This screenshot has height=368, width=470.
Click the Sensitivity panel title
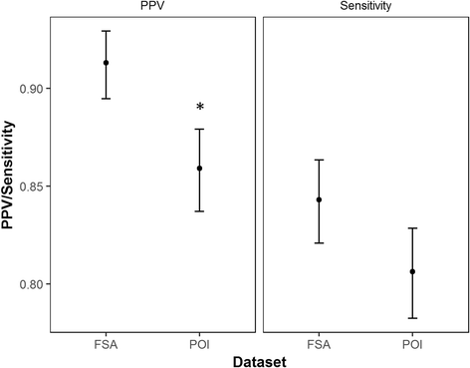(x=364, y=7)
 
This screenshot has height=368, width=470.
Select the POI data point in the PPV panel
(x=199, y=169)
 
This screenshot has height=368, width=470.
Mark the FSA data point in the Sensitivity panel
(x=319, y=199)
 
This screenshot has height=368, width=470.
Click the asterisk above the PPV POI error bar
(x=199, y=108)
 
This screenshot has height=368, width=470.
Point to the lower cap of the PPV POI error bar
(x=199, y=211)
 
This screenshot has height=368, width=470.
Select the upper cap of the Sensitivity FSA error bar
(x=319, y=160)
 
